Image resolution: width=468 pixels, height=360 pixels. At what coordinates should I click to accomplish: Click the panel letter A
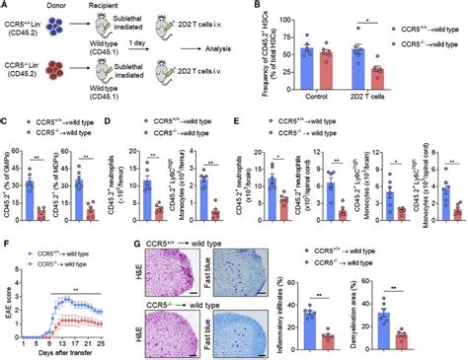click(5, 6)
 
